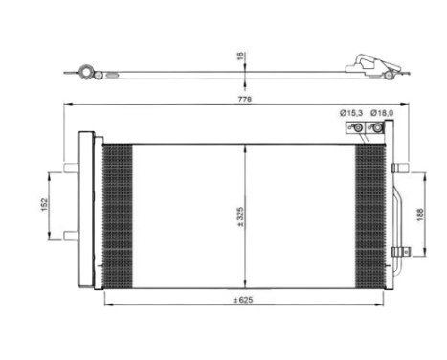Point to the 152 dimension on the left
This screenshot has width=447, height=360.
coord(43,206)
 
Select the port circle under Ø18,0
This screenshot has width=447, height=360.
coord(378,127)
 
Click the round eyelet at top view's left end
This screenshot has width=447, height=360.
coord(88,71)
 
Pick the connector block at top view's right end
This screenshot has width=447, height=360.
coord(376,68)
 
